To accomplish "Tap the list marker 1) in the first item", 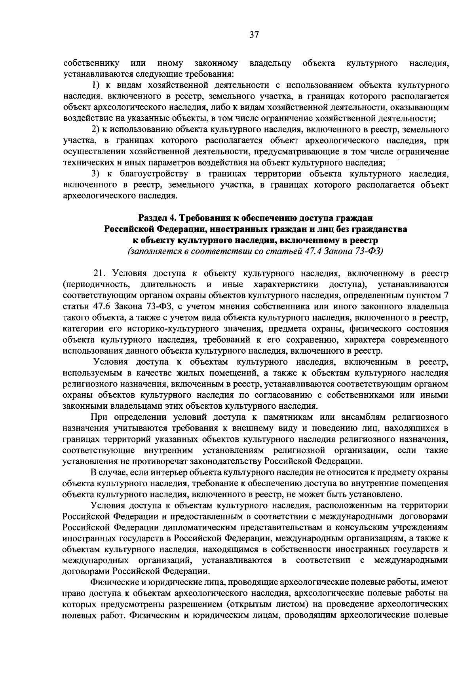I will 96,85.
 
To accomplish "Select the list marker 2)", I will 96,129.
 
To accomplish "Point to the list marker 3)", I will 96,174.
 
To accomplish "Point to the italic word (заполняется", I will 150,251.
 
